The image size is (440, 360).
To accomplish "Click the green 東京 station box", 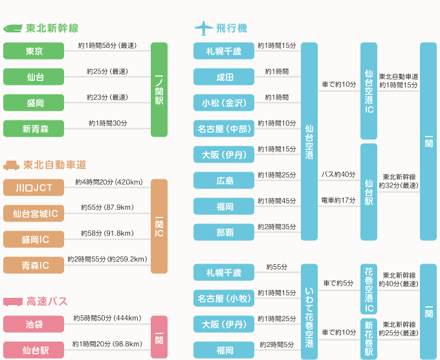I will pyautogui.click(x=34, y=52).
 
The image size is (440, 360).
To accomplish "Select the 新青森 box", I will pyautogui.click(x=34, y=129).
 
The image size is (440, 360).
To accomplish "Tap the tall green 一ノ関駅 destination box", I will pyautogui.click(x=159, y=90).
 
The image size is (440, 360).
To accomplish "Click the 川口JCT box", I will pyautogui.click(x=34, y=188).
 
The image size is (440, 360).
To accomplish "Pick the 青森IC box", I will pyautogui.click(x=34, y=265).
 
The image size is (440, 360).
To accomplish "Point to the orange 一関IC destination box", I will pyautogui.click(x=159, y=226).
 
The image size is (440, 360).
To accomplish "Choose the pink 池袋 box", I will pyautogui.click(x=34, y=324).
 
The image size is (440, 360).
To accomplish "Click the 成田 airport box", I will pyautogui.click(x=225, y=77).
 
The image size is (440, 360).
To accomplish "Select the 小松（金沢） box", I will pyautogui.click(x=225, y=103).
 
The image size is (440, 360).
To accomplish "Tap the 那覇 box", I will pyautogui.click(x=225, y=232).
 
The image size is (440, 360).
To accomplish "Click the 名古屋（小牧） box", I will pyautogui.click(x=225, y=298).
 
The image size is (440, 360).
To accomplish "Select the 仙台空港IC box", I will pyautogui.click(x=368, y=91).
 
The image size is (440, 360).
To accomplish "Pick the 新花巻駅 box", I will pyautogui.click(x=368, y=338).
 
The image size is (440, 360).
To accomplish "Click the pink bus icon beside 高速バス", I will pyautogui.click(x=13, y=302).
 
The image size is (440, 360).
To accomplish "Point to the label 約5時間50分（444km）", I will pyautogui.click(x=107, y=318).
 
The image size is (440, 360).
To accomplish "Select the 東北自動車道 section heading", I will pyautogui.click(x=55, y=164).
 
